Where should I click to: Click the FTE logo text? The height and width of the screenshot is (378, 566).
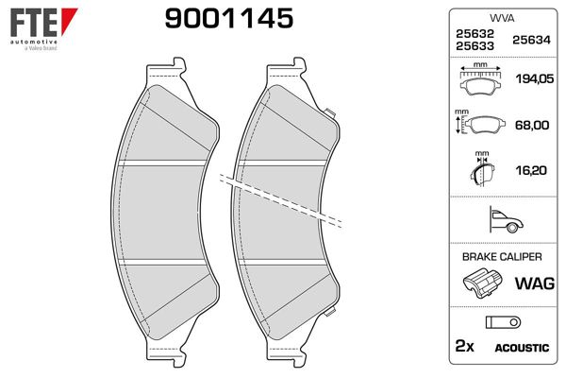coord(34,23)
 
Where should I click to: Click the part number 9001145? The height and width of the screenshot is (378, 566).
coord(229,19)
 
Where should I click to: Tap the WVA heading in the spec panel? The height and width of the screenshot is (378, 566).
coord(502,18)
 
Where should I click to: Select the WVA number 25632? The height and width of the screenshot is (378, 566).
coord(474,34)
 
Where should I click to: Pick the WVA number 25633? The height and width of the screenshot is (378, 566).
coord(474,46)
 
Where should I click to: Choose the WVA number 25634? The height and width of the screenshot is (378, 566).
coord(531,40)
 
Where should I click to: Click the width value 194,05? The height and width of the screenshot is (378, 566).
coord(534,78)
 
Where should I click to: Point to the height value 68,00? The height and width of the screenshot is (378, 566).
coord(532,125)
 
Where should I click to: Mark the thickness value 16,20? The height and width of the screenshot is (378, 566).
coord(531,170)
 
